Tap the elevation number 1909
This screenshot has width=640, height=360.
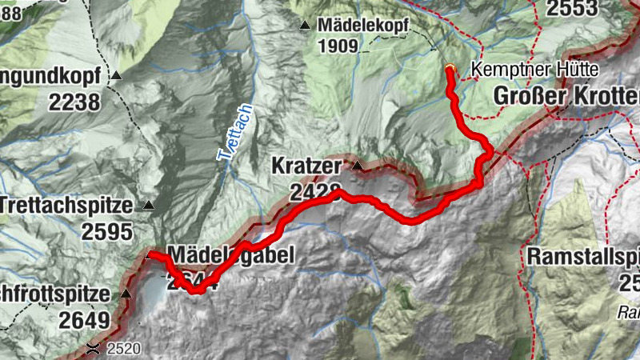click(337, 46)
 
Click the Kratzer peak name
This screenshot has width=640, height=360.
click(306, 167)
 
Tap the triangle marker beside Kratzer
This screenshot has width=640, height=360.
click(358, 166)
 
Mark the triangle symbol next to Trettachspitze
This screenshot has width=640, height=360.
click(149, 206)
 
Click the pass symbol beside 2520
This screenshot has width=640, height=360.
click(94, 348)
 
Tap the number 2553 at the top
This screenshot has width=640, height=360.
click(571, 8)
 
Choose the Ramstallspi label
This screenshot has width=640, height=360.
click(583, 257)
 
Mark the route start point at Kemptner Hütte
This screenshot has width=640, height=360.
click(450, 69)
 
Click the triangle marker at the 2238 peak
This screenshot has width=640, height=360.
click(117, 77)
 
